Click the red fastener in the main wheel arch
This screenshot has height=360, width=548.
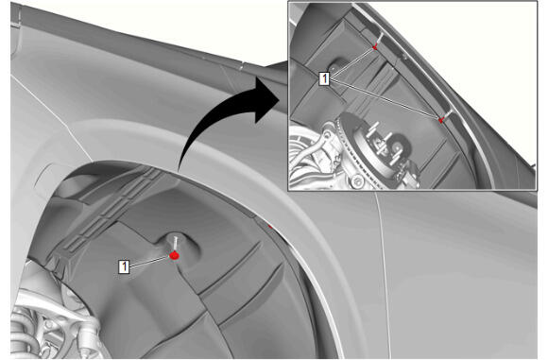coord(175,255)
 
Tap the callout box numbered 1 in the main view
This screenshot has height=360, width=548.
coord(124,266)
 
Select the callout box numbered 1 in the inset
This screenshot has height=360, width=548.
coord(324,78)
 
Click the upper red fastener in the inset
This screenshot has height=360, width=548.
coord(375,46)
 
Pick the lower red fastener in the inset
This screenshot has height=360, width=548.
coord(441,120)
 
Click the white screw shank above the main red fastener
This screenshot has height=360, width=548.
coord(176,243)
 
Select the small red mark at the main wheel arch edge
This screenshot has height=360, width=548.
coord(270,226)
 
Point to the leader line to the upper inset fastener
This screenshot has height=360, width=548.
coord(351,62)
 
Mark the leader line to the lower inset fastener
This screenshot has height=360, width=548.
coord(385,99)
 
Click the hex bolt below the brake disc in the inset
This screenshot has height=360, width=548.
coord(357,181)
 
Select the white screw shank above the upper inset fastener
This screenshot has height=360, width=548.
coord(380,39)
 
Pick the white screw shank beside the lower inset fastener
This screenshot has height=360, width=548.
coord(447,115)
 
